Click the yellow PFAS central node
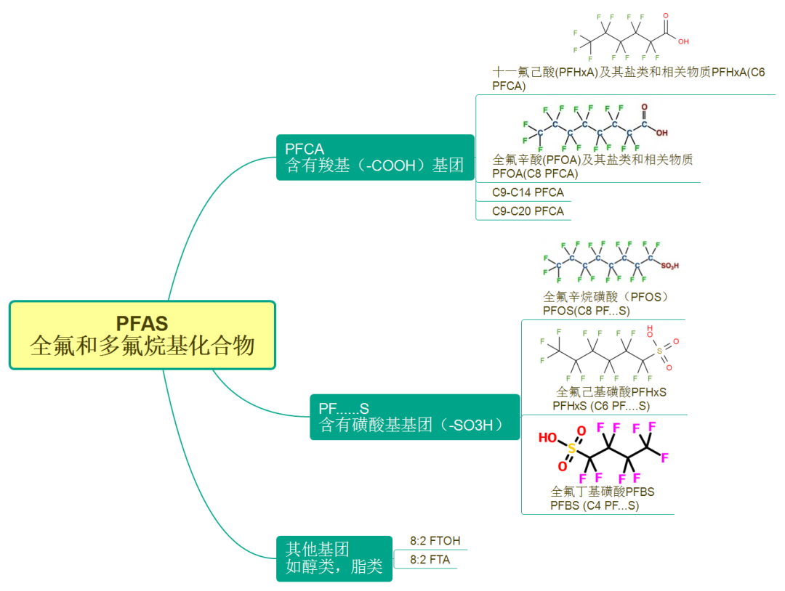(142, 335)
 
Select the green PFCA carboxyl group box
(375, 158)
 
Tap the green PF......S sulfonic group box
(414, 417)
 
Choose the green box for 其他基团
(334, 558)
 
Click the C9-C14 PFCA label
(528, 192)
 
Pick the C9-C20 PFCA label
(528, 211)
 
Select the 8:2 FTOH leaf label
(435, 541)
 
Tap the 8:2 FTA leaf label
(430, 560)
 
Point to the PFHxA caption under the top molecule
(628, 78)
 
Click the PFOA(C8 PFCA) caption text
(535, 174)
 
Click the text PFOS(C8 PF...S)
(586, 311)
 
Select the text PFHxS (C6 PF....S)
(601, 406)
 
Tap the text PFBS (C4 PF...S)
(595, 505)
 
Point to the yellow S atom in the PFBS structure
(571, 449)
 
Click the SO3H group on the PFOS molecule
(669, 266)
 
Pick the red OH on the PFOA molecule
(661, 133)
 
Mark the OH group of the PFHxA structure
(683, 41)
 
